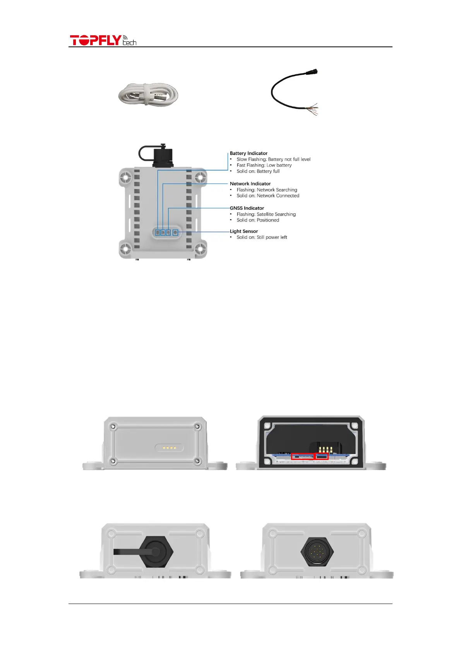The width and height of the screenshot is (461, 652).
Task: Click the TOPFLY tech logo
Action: [x=103, y=40]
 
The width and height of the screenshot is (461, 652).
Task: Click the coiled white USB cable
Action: [x=148, y=94]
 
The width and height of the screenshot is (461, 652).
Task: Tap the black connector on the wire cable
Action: [x=312, y=72]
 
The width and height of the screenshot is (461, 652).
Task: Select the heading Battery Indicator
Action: [x=248, y=153]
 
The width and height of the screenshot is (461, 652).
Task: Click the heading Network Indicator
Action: [x=250, y=184]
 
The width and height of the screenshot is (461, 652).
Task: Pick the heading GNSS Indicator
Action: [x=247, y=208]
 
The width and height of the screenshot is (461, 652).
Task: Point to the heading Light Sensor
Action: [x=244, y=232]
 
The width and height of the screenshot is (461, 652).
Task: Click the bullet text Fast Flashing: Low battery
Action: [x=264, y=165]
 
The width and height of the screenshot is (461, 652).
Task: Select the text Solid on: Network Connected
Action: [x=268, y=196]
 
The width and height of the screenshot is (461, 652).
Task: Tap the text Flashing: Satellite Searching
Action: [x=266, y=214]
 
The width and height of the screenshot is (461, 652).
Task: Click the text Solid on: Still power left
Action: [x=262, y=237]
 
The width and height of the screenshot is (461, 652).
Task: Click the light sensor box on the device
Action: [x=175, y=232]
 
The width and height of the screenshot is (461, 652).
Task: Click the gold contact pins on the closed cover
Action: [x=169, y=448]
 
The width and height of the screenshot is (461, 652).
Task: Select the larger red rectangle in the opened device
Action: [x=302, y=456]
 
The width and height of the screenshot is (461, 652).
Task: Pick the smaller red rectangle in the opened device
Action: [x=322, y=456]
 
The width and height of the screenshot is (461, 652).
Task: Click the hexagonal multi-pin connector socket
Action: [x=317, y=552]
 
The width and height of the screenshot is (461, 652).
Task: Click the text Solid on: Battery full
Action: [x=258, y=171]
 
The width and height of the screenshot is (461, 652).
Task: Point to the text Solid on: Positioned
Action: [x=258, y=220]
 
